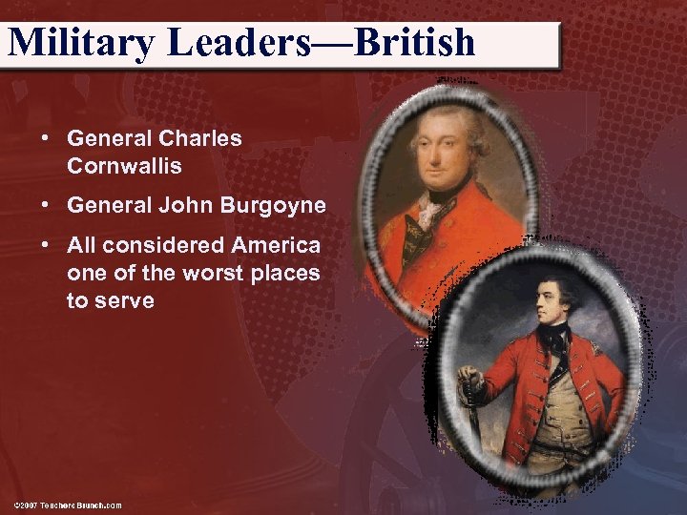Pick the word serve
(125, 300)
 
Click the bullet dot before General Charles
(45, 138)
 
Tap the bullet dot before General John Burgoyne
(45, 205)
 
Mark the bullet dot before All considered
(45, 245)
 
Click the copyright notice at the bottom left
(68, 504)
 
